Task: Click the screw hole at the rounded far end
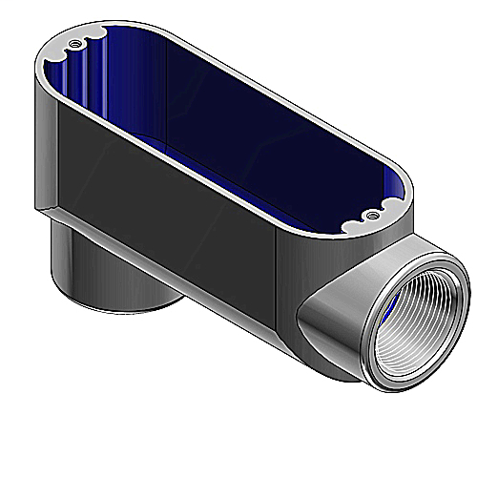pyautogui.click(x=73, y=44)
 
